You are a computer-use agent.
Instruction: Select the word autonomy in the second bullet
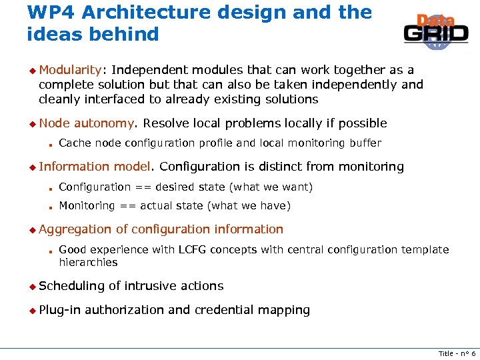click(x=105, y=123)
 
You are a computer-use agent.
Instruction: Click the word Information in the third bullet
click(x=74, y=166)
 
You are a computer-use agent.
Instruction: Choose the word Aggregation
click(x=75, y=229)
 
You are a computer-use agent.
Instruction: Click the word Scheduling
click(x=72, y=285)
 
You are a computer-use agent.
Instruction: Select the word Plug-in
click(x=59, y=309)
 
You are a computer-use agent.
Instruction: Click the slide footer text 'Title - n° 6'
click(x=457, y=353)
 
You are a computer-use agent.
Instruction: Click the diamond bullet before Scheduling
click(x=31, y=286)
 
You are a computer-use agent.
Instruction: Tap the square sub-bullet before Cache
click(x=50, y=144)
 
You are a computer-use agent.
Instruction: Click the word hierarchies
click(x=88, y=262)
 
